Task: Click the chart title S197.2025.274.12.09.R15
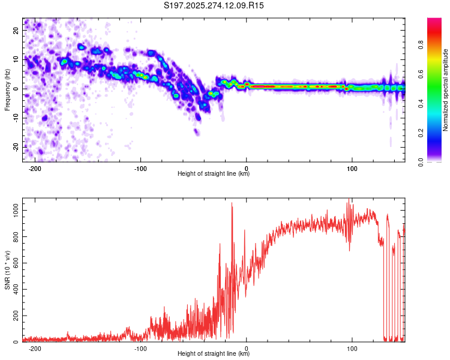(x=214, y=5)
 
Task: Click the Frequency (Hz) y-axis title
(x=7, y=90)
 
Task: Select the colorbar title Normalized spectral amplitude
(x=445, y=90)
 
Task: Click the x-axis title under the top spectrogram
(x=214, y=174)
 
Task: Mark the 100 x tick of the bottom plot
(x=352, y=348)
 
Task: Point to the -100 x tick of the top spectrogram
(x=140, y=168)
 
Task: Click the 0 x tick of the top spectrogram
(x=247, y=168)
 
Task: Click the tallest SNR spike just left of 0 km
(x=232, y=203)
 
